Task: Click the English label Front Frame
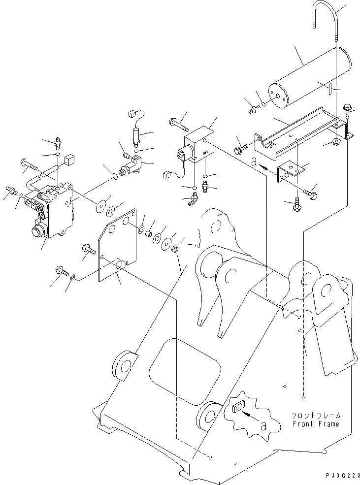point(316,424)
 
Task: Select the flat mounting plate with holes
point(116,246)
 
